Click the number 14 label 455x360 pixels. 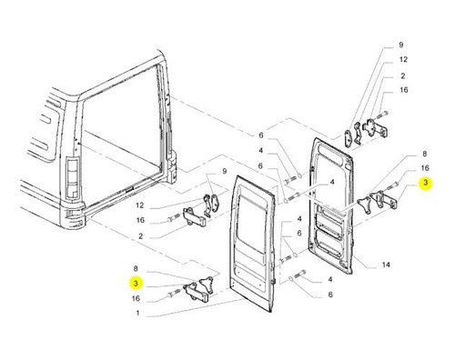(386, 265)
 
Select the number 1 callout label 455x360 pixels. (137, 313)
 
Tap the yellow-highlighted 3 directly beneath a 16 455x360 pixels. (425, 183)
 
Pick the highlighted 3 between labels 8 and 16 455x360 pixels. (136, 283)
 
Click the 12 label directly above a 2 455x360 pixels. (403, 59)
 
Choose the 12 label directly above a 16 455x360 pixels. (139, 205)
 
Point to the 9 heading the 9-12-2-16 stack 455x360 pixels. (401, 45)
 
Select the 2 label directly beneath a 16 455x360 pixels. (140, 235)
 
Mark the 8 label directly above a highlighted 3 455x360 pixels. (136, 268)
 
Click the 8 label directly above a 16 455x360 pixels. (425, 154)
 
